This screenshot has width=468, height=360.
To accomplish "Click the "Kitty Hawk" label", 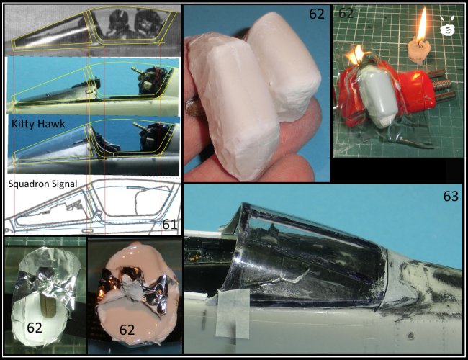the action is [x=38, y=124].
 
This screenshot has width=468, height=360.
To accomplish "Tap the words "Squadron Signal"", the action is [x=42, y=184].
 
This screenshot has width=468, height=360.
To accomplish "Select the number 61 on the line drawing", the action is [x=169, y=225].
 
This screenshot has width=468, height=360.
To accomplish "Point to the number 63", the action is [x=451, y=197].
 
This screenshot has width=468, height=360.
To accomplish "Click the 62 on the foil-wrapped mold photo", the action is [x=35, y=328].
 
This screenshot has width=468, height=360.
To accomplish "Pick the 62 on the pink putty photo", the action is [x=127, y=330].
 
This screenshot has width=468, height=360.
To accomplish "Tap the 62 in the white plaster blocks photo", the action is [x=317, y=14].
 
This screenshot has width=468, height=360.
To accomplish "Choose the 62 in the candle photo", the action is [x=346, y=13].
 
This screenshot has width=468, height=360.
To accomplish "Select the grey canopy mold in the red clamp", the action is [x=379, y=96].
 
